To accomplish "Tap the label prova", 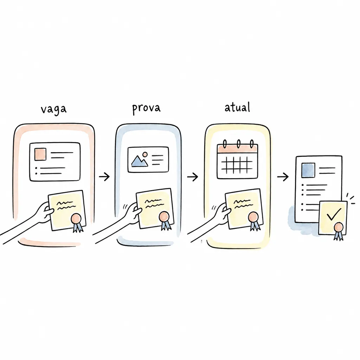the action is pyautogui.click(x=146, y=108).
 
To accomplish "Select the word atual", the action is pyautogui.click(x=237, y=107).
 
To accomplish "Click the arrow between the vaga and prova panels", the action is pyautogui.click(x=104, y=176).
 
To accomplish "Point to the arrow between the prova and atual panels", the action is pyautogui.click(x=192, y=177).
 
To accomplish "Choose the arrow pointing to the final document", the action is pyautogui.click(x=283, y=177).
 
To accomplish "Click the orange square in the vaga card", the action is pyautogui.click(x=40, y=154).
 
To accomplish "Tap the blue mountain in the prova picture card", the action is pyautogui.click(x=140, y=161).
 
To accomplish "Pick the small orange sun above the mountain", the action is pyautogui.click(x=145, y=154).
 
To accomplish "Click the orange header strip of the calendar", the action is pyautogui.click(x=237, y=149).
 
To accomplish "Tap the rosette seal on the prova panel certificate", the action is pyautogui.click(x=165, y=220).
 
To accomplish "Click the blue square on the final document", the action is pyautogui.click(x=308, y=170).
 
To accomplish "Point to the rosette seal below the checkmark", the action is pyautogui.click(x=339, y=231).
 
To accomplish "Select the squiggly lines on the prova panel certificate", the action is pyautogui.click(x=153, y=204).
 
